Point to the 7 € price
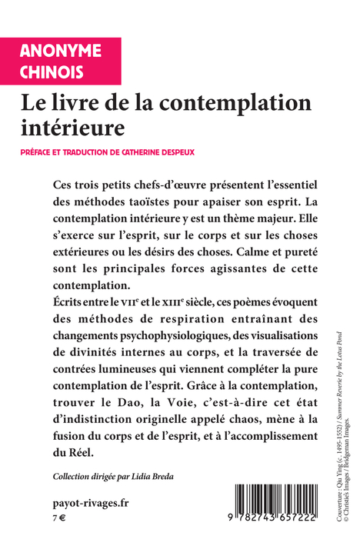pyautogui.click(x=58, y=518)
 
